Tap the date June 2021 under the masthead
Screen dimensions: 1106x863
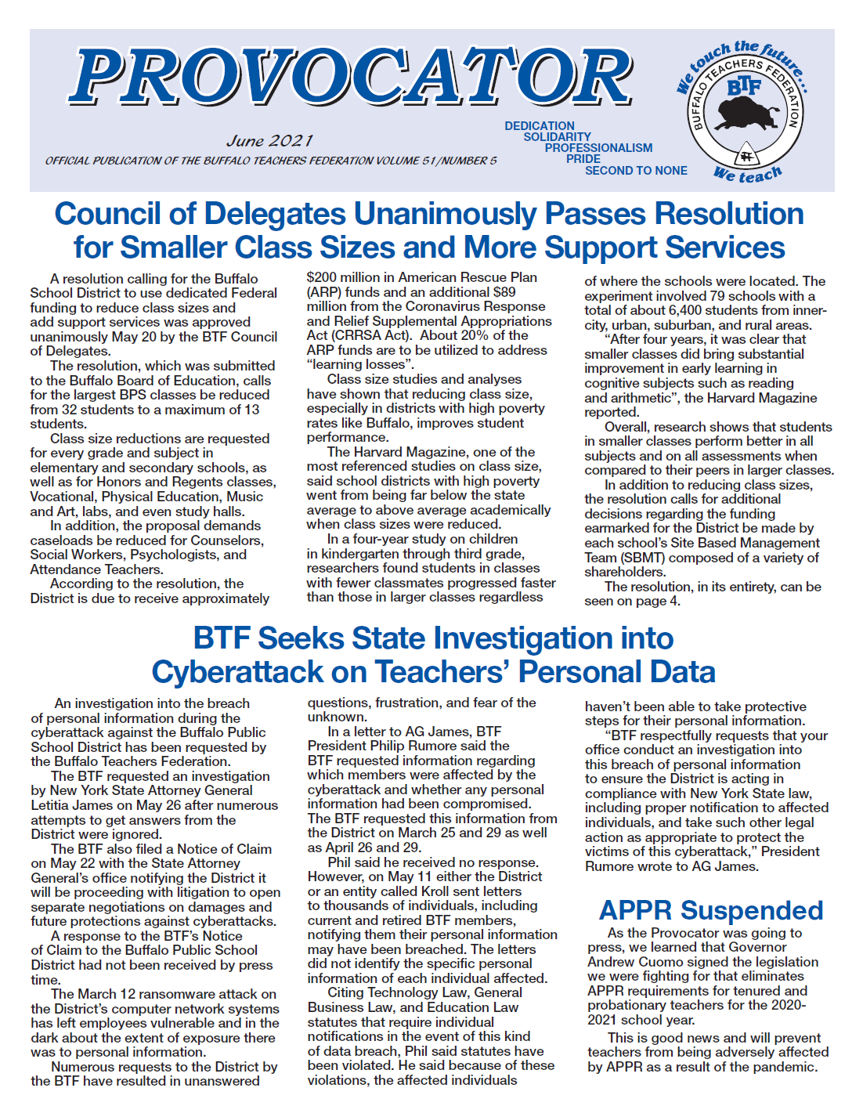[x=269, y=141]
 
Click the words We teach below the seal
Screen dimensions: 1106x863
[x=747, y=175]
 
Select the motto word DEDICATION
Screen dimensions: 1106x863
[x=540, y=126]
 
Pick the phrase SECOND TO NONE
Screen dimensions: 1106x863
[x=636, y=171]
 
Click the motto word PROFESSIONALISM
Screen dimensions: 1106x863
[x=598, y=148]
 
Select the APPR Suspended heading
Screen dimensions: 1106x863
[x=710, y=910]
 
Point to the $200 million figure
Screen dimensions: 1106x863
[x=345, y=277]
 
